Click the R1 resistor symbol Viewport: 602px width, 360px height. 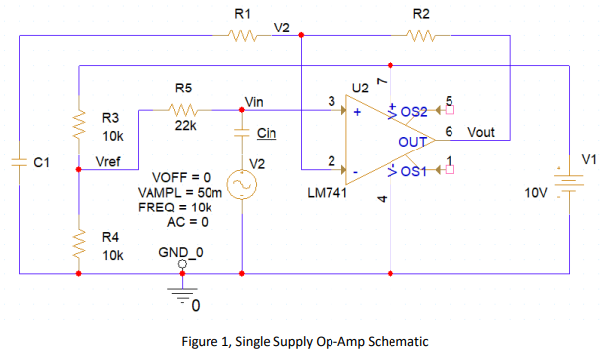tap(242, 36)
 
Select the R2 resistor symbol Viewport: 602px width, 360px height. tap(420, 36)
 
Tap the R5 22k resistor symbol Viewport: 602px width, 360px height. tap(185, 110)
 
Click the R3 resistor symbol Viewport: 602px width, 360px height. tap(79, 123)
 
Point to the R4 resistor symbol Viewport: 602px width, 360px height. tap(79, 245)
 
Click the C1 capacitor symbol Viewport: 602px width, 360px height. tap(20, 162)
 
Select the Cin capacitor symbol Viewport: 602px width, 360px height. tap(242, 132)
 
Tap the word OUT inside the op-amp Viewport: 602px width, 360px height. tap(411, 143)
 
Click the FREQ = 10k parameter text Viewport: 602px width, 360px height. tap(174, 209)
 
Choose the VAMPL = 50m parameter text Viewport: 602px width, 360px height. tap(174, 193)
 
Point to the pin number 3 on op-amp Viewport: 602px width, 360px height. tap(331, 100)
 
